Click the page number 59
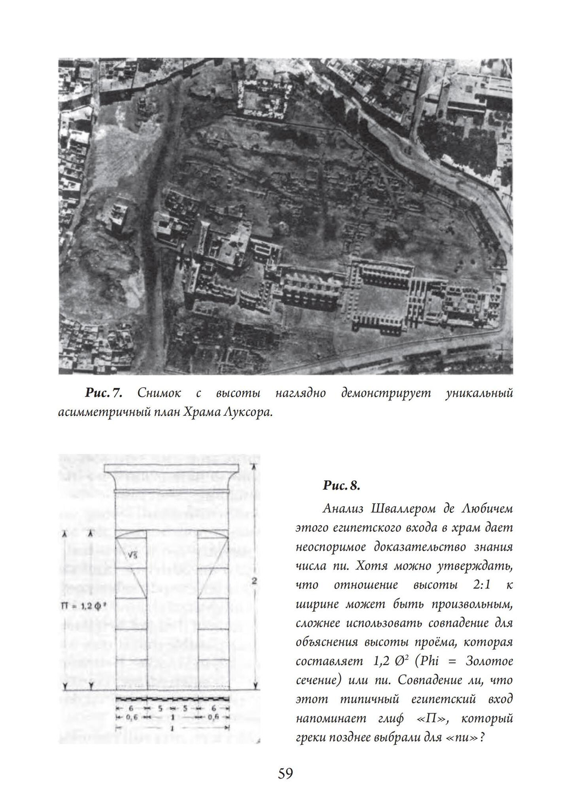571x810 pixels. [285, 773]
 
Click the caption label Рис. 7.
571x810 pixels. [103, 393]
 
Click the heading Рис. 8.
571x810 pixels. [341, 486]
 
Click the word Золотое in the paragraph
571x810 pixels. [489, 661]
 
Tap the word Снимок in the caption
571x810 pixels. [159, 393]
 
